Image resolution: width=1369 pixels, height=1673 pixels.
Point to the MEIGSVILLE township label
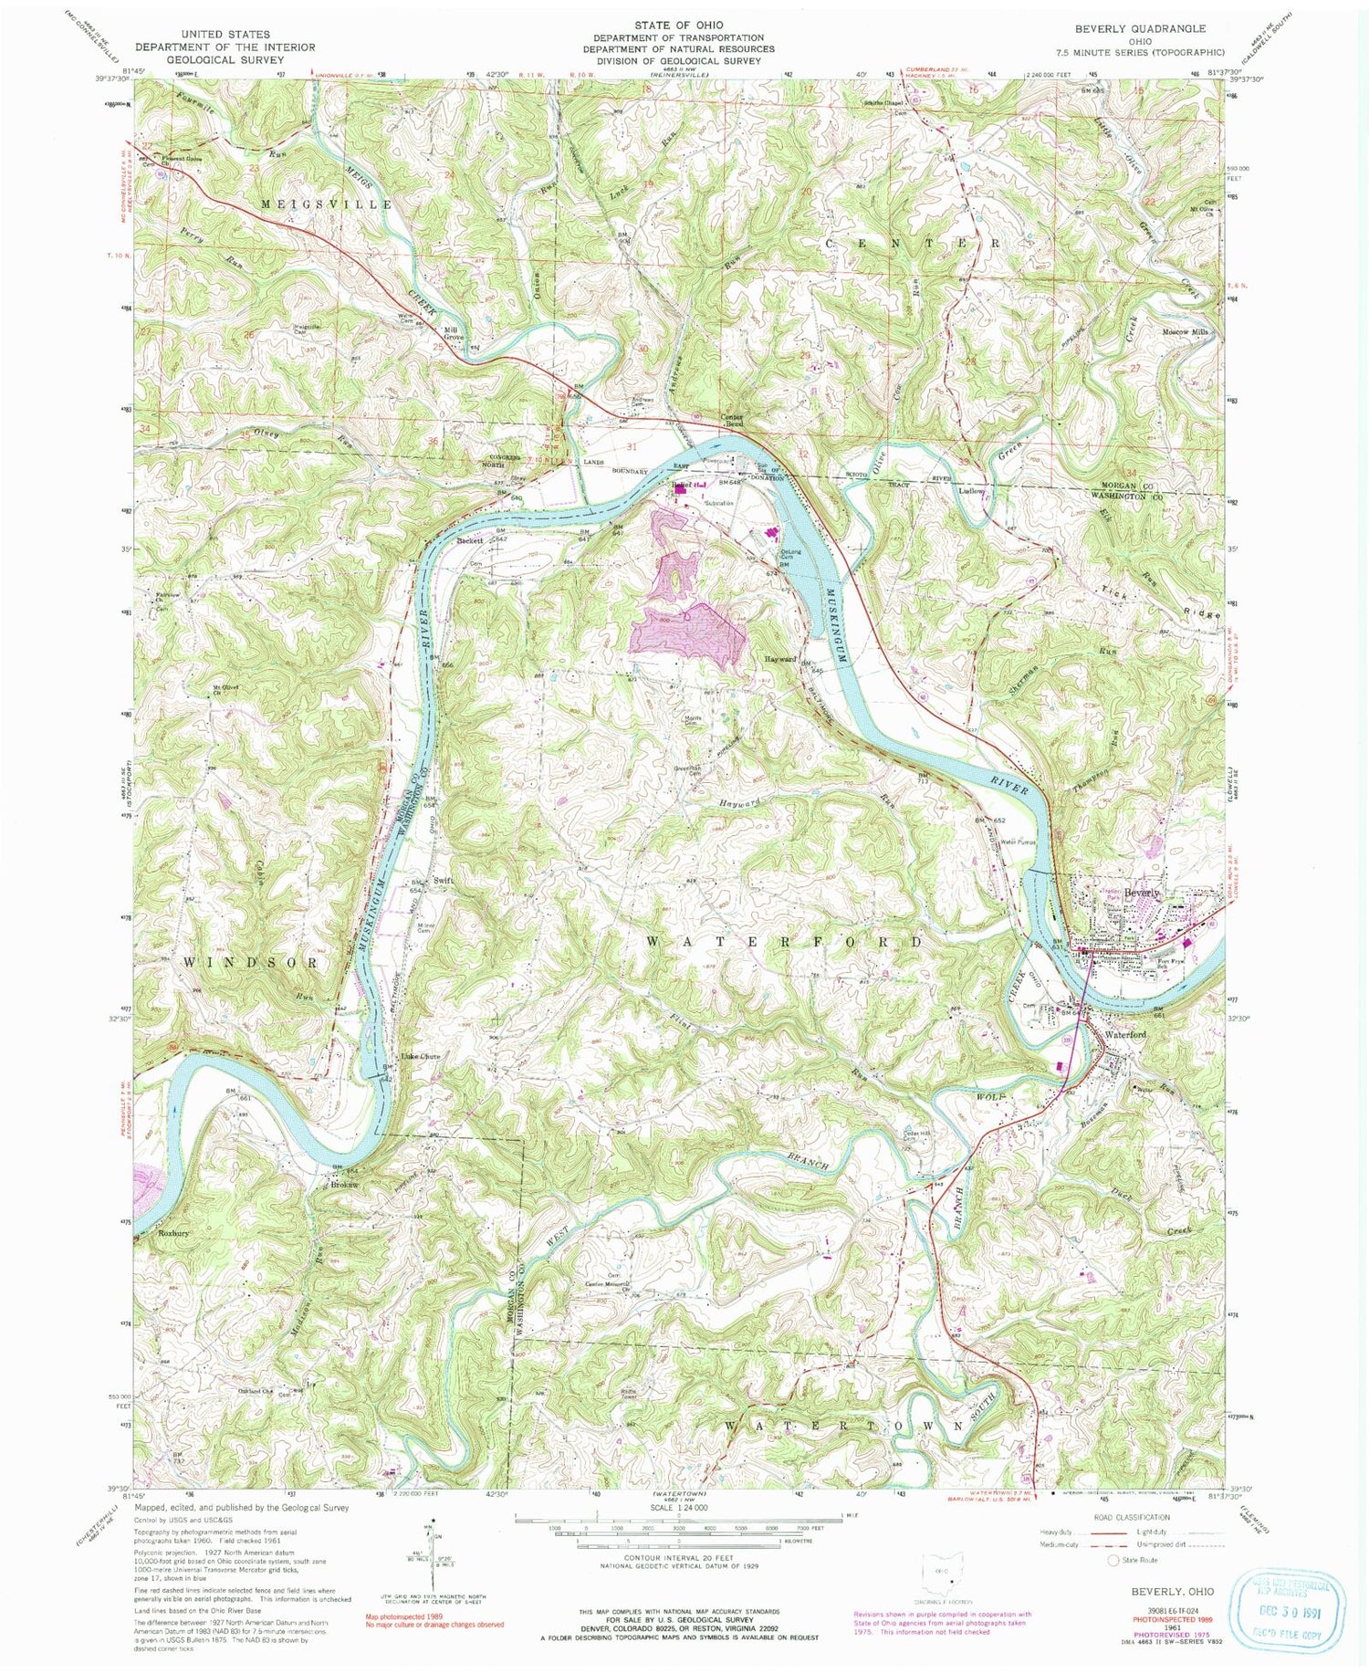pyautogui.click(x=327, y=204)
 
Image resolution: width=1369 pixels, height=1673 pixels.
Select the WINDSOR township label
pyautogui.click(x=252, y=963)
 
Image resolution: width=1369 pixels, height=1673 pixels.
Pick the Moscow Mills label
pyautogui.click(x=1186, y=332)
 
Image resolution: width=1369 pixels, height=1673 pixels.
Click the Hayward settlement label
pyautogui.click(x=781, y=657)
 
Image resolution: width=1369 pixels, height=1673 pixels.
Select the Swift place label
pyautogui.click(x=444, y=881)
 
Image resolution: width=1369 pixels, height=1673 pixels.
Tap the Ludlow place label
pyautogui.click(x=971, y=491)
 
